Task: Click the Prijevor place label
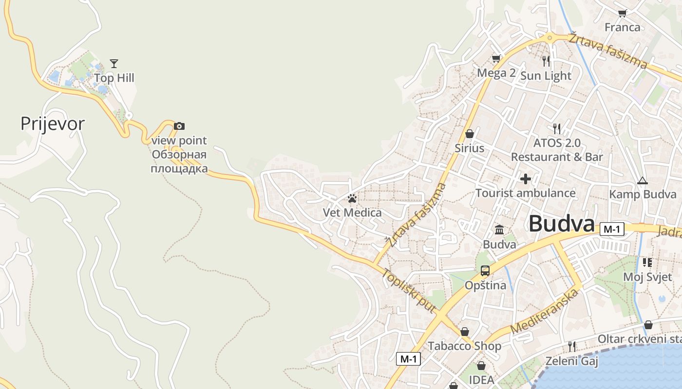[53, 124]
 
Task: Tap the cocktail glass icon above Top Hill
[114, 63]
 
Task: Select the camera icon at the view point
[179, 126]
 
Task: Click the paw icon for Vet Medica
[352, 198]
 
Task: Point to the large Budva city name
[562, 224]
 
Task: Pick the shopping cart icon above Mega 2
[496, 59]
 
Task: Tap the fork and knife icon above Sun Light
[546, 61]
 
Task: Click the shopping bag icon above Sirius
[470, 134]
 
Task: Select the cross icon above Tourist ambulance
[526, 179]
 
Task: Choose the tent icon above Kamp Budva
[643, 181]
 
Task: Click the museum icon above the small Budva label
[499, 230]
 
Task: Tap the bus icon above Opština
[485, 271]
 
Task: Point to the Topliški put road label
[408, 290]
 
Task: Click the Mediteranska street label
[546, 312]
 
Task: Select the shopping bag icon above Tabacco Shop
[465, 332]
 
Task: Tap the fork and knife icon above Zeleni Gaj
[571, 347]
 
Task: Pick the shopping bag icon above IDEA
[481, 366]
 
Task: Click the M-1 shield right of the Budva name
[612, 229]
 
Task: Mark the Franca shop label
[622, 27]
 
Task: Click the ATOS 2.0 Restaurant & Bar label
[557, 150]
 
